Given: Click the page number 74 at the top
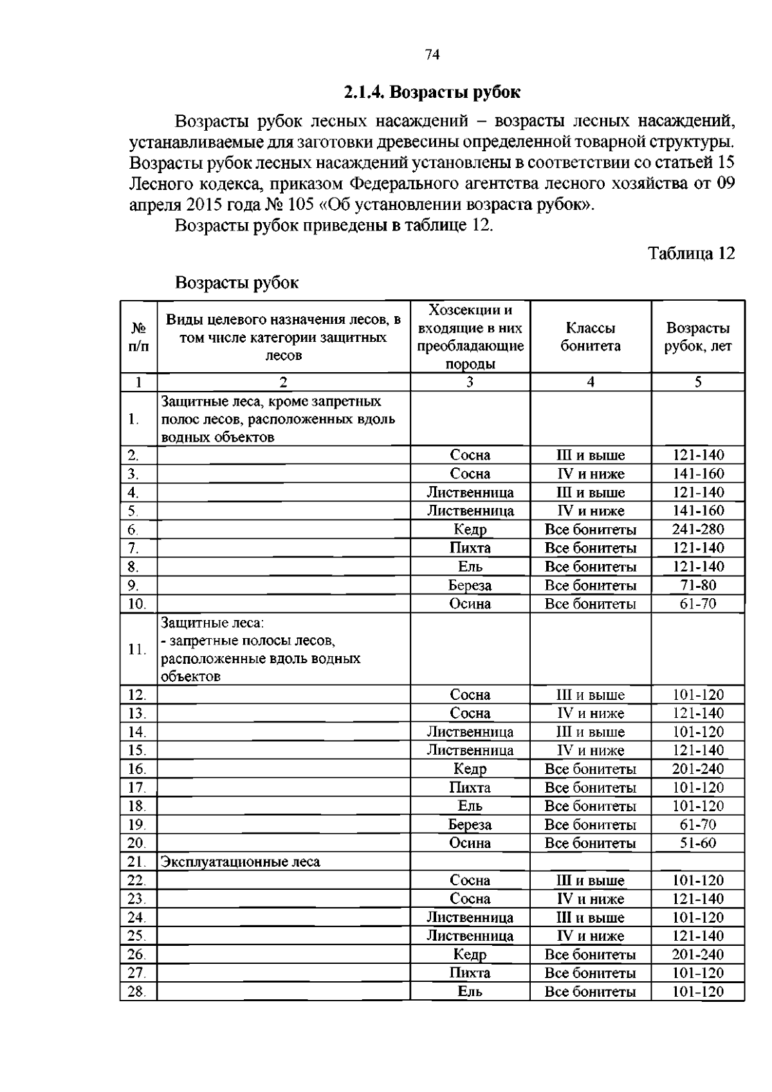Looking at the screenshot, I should click(432, 55).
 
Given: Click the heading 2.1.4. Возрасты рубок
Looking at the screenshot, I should click(432, 92).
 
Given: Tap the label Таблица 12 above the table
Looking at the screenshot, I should click(691, 253).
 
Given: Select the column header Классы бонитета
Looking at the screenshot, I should click(590, 337).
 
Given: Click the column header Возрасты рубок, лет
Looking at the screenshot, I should click(697, 337).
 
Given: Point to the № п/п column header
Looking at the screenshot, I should click(138, 337).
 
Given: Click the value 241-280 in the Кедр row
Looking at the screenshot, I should click(697, 530).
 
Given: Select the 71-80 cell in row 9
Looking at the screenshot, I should click(697, 586).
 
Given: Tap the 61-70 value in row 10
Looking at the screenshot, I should click(697, 604).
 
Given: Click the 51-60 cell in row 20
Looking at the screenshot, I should click(697, 843).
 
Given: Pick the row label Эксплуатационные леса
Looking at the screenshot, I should click(240, 862).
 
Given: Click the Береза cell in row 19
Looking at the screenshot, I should click(470, 825).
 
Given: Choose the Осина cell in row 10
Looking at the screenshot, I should click(470, 604).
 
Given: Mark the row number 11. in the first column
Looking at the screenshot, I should click(136, 649).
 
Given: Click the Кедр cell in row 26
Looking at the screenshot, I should click(470, 955).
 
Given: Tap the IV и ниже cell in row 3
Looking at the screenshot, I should click(590, 475).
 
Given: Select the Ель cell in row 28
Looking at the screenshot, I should click(470, 992).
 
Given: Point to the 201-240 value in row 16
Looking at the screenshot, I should click(697, 769).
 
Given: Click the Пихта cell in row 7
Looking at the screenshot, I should click(470, 549).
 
